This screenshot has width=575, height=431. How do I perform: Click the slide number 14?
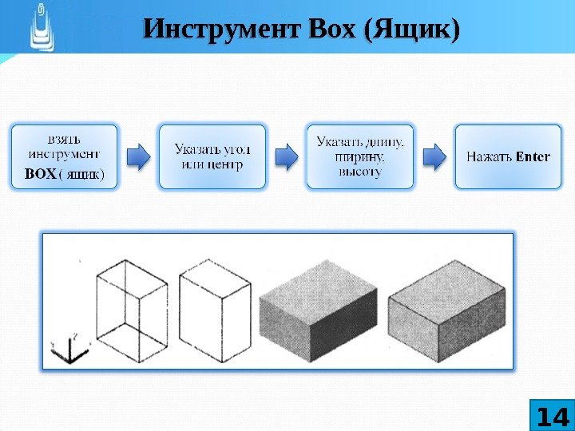[552, 417]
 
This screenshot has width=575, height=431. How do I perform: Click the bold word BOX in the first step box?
[40, 173]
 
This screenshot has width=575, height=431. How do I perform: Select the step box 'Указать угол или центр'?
[212, 156]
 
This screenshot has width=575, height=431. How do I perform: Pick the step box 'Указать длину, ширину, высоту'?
[360, 156]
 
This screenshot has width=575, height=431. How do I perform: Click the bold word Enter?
[533, 156]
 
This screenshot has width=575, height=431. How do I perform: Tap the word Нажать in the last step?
[490, 156]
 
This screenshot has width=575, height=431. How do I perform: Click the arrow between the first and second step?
[138, 156]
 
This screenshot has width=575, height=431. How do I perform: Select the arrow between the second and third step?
[286, 156]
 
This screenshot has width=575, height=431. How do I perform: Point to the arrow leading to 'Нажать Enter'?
[434, 156]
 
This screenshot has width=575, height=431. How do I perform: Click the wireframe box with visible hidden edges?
[132, 307]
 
